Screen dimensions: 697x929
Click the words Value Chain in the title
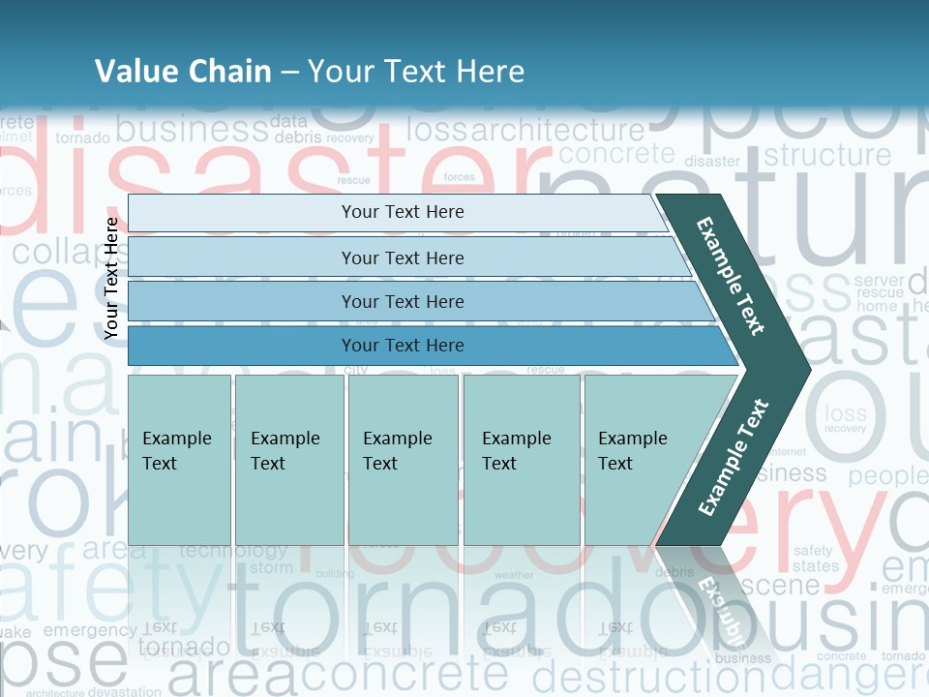click(x=183, y=71)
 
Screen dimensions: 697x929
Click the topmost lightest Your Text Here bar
click(x=402, y=212)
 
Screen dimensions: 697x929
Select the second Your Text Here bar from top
click(x=402, y=258)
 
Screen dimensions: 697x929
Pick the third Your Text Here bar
click(x=402, y=301)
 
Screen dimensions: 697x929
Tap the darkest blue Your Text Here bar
click(x=402, y=346)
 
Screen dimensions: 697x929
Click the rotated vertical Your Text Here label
click(x=112, y=278)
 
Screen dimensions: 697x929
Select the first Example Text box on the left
click(x=179, y=459)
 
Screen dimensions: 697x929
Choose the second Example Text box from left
click(x=288, y=459)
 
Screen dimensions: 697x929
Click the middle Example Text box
click(x=403, y=459)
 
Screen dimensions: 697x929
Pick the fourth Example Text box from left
click(x=521, y=459)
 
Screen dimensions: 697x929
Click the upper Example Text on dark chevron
click(x=731, y=276)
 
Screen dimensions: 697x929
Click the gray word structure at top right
click(x=827, y=155)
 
